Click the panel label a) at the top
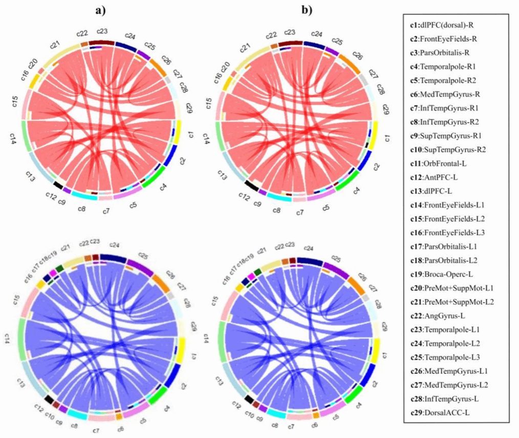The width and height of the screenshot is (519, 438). pyautogui.click(x=100, y=9)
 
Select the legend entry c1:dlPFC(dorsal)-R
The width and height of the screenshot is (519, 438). pyautogui.click(x=440, y=25)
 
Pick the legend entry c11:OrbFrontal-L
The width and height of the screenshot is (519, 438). pyautogui.click(x=437, y=163)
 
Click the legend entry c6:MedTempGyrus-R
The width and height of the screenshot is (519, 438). pyautogui.click(x=442, y=94)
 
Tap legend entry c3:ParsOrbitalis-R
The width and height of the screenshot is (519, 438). pyautogui.click(x=440, y=52)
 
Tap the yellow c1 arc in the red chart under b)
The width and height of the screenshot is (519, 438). pyautogui.click(x=375, y=132)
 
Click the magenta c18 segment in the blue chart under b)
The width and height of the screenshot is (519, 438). pyautogui.click(x=251, y=276)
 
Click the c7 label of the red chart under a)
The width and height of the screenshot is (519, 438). pyautogui.click(x=105, y=211)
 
